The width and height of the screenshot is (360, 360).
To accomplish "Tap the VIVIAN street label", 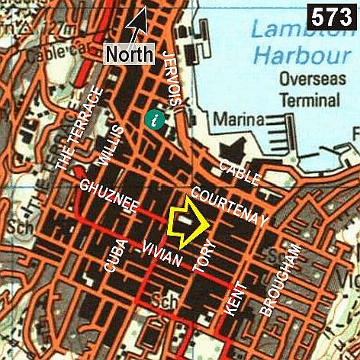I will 162,253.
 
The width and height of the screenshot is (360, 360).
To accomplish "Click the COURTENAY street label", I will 229,207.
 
